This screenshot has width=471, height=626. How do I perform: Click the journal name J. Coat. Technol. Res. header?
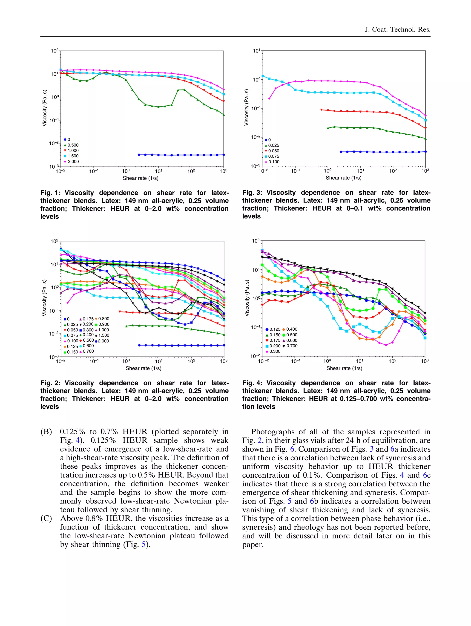tap(397, 30)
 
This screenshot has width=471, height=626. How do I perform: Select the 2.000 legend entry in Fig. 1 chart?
tap(73, 162)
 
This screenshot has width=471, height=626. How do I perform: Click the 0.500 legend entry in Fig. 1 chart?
tap(73, 145)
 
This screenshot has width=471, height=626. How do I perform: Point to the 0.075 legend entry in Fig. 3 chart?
tap(273, 156)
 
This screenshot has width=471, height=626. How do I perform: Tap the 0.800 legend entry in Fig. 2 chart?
tap(103, 319)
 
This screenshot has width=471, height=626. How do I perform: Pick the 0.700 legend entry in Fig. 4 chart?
tap(291, 346)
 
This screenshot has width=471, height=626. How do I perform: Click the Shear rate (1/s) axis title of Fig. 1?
tap(140, 178)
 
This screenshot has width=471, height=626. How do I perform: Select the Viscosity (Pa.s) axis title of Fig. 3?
tap(246, 107)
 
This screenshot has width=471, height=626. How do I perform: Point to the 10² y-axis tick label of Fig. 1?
tap(54, 51)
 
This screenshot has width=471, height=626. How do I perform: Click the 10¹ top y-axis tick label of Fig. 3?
tap(256, 51)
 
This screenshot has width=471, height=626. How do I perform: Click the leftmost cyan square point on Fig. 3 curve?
tap(263, 76)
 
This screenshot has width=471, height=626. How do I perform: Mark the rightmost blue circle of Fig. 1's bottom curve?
tap(224, 155)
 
